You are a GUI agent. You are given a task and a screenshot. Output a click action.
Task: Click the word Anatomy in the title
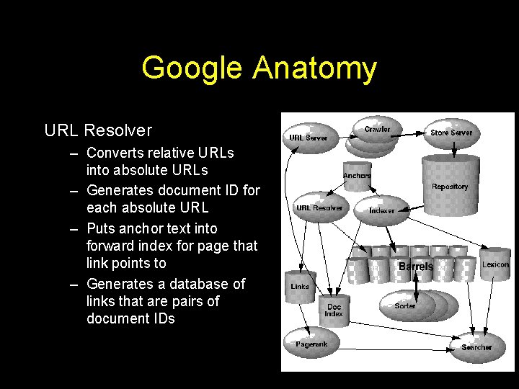[x=314, y=68]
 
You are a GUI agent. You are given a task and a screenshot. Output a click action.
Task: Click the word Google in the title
[x=193, y=68]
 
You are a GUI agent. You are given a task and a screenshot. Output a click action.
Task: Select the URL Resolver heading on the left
[x=98, y=130]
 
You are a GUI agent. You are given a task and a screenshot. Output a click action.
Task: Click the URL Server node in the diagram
[x=308, y=137]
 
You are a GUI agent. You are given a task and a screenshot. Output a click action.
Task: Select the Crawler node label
[x=377, y=130]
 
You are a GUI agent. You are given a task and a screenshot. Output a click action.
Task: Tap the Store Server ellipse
[x=451, y=133]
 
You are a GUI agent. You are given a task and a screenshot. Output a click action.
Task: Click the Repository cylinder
[x=450, y=185]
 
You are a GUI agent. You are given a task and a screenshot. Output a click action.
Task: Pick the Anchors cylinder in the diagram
[x=357, y=176]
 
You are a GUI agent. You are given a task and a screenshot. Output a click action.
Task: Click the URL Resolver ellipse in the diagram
[x=319, y=208]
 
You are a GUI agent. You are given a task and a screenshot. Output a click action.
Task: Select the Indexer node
[x=381, y=210]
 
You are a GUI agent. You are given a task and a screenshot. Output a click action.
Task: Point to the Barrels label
[x=416, y=267]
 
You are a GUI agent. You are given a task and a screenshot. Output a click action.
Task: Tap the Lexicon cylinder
[x=495, y=265]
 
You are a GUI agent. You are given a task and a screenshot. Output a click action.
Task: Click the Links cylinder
[x=300, y=286]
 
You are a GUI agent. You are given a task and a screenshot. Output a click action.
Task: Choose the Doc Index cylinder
[x=334, y=310]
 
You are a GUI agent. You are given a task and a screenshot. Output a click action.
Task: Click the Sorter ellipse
[x=405, y=306]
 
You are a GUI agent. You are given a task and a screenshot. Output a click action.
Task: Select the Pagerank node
[x=311, y=344]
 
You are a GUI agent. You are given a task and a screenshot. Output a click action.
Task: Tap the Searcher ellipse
[x=476, y=347]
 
